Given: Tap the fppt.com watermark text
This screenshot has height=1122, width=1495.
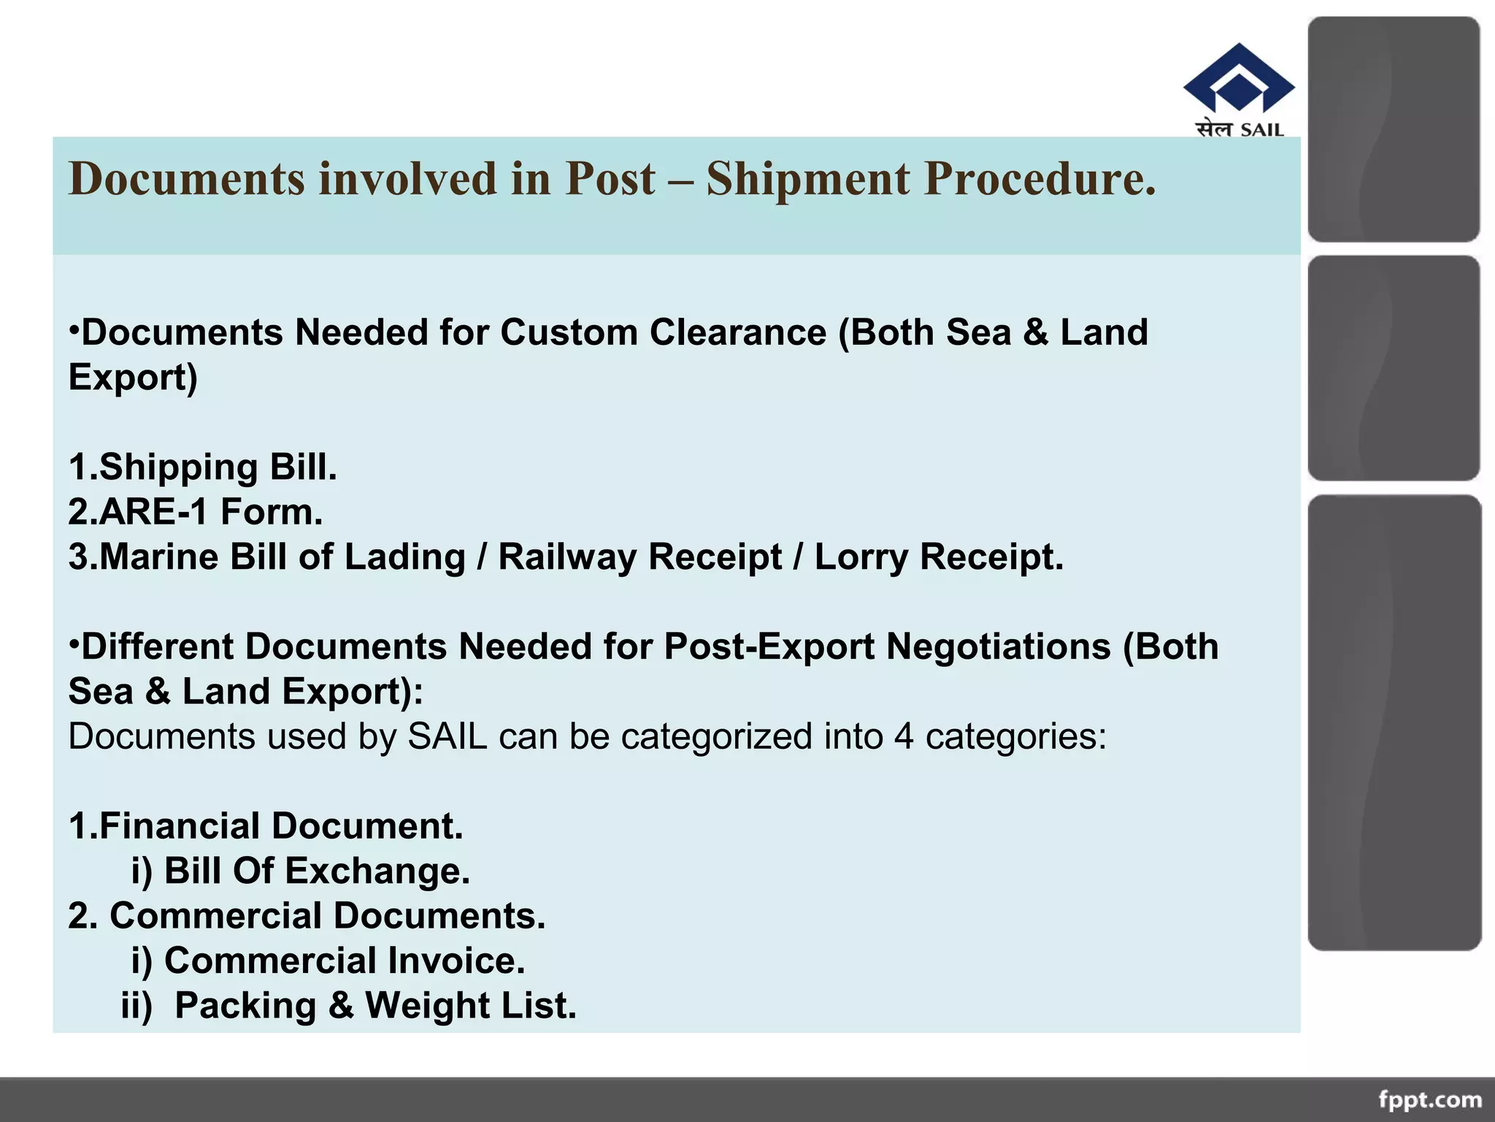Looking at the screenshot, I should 1430,1099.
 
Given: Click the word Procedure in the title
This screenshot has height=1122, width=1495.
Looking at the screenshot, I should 1039,179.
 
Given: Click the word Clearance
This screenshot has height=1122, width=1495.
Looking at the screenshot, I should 737,332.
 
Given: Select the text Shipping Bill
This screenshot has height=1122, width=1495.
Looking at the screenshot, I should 218,467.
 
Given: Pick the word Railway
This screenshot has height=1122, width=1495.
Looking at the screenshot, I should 567,557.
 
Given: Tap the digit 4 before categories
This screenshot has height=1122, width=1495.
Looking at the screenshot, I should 904,736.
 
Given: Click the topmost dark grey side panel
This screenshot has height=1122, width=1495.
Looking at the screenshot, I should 1394,129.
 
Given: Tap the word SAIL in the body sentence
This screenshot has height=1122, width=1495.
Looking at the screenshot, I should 447,736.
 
